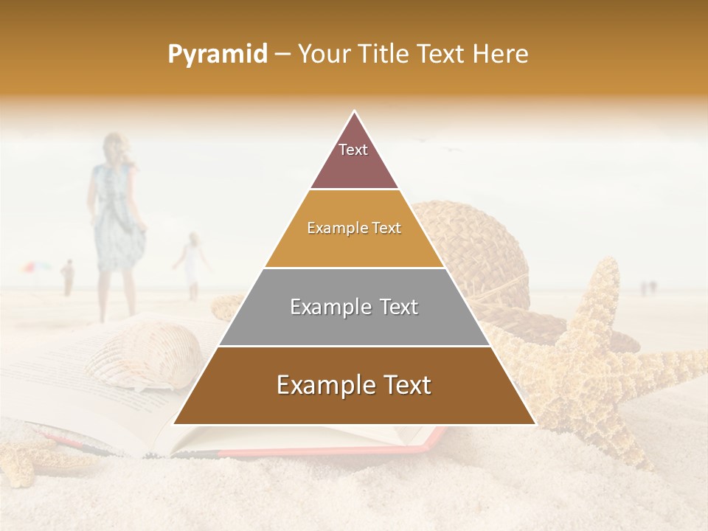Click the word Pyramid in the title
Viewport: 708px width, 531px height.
tap(217, 55)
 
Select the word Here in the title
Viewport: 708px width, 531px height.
tap(501, 55)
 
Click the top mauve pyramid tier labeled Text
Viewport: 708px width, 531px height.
tap(354, 159)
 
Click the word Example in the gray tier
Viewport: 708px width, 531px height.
tap(329, 307)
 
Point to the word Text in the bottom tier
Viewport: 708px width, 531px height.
tap(403, 385)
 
